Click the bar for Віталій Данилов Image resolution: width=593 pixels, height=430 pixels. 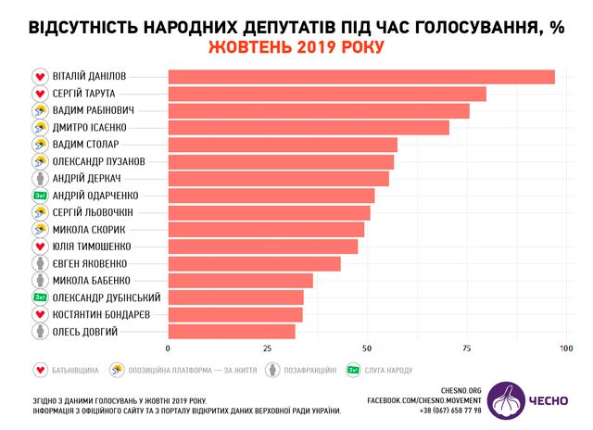point(360,77)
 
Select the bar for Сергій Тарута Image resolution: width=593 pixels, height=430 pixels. point(326,94)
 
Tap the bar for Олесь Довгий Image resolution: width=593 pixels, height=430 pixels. point(232,331)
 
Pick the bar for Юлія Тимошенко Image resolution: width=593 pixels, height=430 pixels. point(262,247)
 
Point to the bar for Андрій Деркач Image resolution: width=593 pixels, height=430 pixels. point(278,179)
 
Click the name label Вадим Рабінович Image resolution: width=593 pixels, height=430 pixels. point(90,110)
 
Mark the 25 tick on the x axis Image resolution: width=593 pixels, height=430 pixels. point(267,348)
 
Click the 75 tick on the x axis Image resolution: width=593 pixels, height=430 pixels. point(466,348)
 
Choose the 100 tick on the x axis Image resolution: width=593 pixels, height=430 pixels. point(565,348)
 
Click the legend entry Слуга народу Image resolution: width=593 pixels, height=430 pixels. point(380,370)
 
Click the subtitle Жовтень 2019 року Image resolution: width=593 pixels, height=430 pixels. point(296,46)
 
